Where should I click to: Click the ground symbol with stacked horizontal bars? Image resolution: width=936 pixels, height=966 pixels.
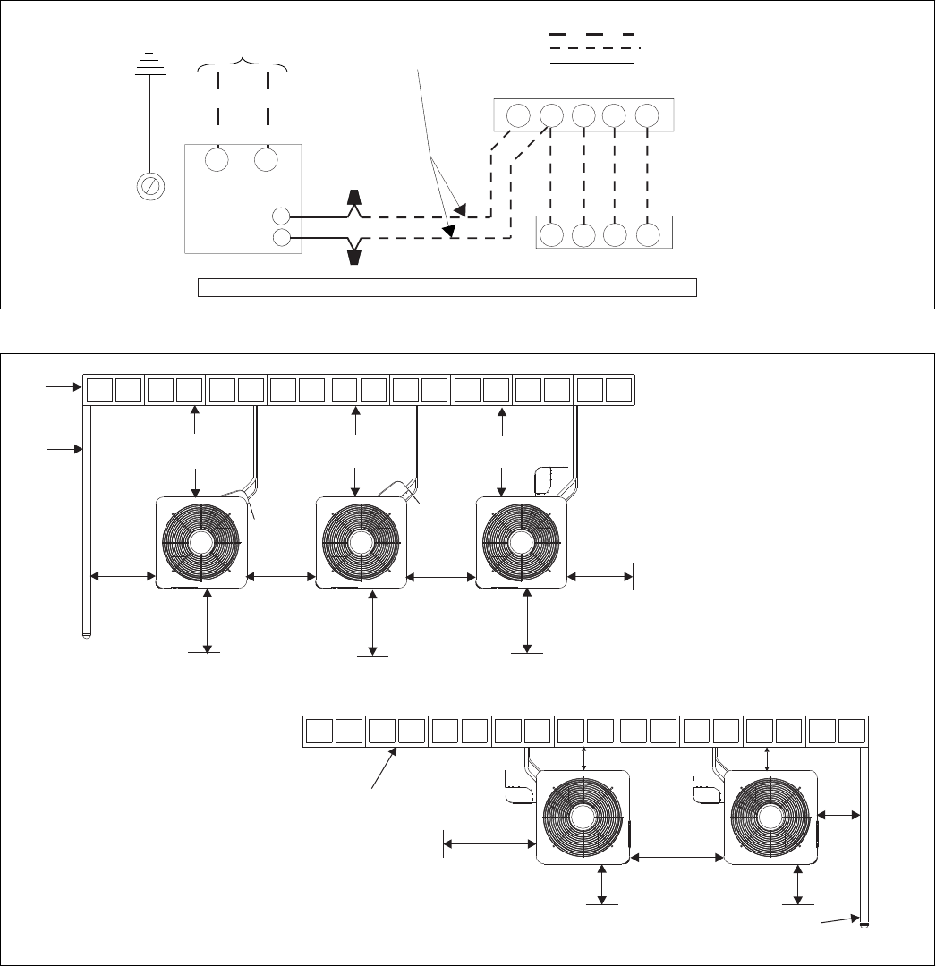(149, 64)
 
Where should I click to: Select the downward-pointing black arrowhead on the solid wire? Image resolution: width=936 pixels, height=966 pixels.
(355, 257)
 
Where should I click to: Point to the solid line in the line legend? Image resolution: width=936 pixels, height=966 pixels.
(591, 64)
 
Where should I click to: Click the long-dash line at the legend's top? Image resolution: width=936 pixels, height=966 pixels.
(591, 34)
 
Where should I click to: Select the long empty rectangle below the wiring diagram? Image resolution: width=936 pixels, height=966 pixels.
(447, 286)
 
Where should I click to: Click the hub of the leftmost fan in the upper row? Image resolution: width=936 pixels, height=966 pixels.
(200, 543)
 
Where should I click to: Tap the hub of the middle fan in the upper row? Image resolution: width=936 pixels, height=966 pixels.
(361, 543)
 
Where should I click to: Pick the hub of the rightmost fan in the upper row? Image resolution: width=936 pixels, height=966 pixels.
(521, 543)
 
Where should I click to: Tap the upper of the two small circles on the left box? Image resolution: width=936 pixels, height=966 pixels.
(280, 216)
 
